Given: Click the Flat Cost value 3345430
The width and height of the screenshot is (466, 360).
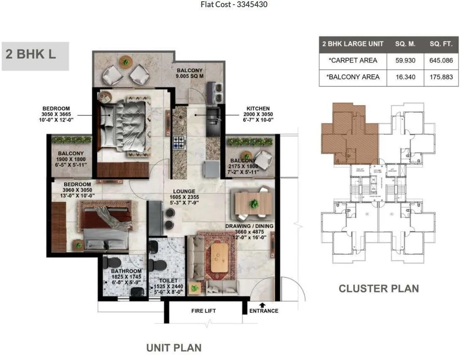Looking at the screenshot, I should (x=252, y=5).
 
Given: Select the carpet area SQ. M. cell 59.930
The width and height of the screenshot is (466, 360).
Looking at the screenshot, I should (x=405, y=60).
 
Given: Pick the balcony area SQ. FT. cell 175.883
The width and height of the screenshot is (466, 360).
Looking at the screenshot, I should (x=441, y=77).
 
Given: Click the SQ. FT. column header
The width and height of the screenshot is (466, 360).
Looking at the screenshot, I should (x=441, y=44).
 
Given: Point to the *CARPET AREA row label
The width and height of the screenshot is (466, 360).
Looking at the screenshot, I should (x=352, y=60).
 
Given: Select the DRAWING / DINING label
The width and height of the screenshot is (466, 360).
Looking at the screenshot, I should (x=249, y=226).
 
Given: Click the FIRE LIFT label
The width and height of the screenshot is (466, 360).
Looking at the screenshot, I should (x=203, y=311).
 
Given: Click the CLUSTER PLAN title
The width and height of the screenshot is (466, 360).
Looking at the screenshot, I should (x=379, y=289).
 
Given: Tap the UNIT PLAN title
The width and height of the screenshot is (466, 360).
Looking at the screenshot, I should (x=173, y=348).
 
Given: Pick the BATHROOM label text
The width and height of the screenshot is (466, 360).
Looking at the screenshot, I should (x=126, y=271).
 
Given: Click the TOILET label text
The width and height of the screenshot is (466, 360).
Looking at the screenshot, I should (x=169, y=280).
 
